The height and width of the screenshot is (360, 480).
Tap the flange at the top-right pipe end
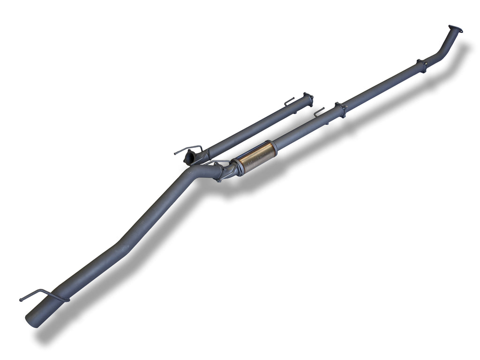(x=455, y=29)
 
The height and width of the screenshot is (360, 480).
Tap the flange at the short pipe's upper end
(x=308, y=99)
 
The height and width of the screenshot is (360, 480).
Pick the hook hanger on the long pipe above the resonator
(x=319, y=111)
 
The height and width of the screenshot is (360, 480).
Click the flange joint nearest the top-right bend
(x=421, y=65)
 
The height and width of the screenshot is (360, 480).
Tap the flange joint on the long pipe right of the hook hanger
(x=340, y=109)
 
